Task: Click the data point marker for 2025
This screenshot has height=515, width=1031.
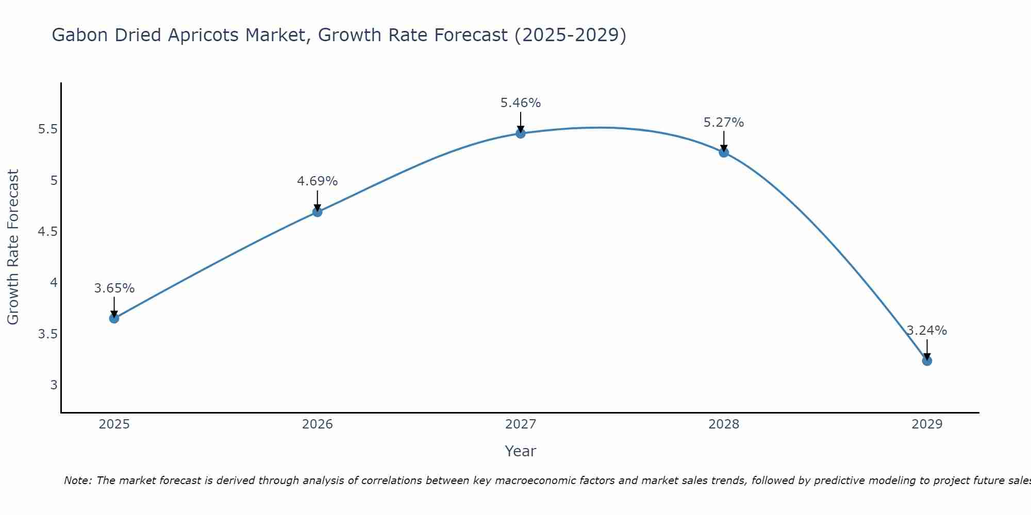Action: (x=114, y=318)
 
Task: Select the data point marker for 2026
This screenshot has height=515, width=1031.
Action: (x=317, y=212)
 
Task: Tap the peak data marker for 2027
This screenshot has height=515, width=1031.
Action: (x=520, y=133)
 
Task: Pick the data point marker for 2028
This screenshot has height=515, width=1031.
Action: (x=724, y=152)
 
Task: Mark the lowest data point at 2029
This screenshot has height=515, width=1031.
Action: (x=927, y=360)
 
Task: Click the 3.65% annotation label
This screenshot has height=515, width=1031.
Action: (x=114, y=288)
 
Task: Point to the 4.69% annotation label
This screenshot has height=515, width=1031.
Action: (x=317, y=181)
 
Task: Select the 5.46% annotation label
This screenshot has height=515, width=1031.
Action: (x=520, y=103)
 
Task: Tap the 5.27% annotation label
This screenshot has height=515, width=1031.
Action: (x=724, y=123)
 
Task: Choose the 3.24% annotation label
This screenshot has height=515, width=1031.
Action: (x=927, y=331)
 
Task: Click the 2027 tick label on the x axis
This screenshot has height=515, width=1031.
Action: (x=520, y=424)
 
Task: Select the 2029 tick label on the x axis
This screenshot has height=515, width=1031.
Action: (x=927, y=424)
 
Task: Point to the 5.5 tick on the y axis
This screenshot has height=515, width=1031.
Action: (x=47, y=129)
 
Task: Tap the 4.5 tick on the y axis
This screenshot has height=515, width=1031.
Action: (x=47, y=232)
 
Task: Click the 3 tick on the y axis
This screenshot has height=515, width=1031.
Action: (x=54, y=385)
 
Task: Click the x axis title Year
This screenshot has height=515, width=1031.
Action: (x=520, y=451)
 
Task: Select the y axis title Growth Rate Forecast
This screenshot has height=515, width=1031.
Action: (x=13, y=247)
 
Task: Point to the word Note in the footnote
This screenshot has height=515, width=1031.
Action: (x=77, y=480)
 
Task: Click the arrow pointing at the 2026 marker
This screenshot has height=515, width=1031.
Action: (x=317, y=200)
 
